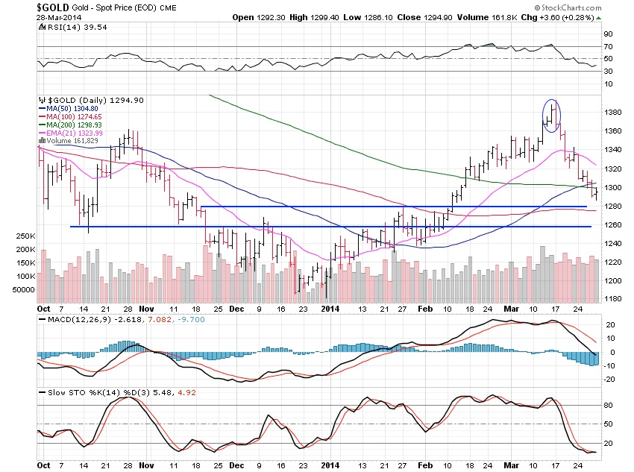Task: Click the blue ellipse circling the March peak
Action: pos(551,116)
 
